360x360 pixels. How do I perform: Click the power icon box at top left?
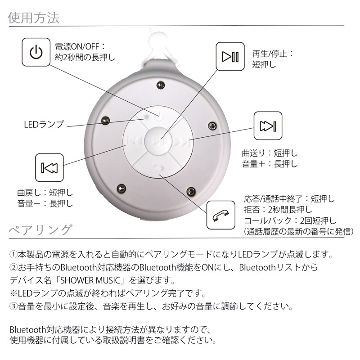click(x=36, y=52)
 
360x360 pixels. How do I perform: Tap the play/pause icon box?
click(x=230, y=56)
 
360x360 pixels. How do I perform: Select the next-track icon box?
click(x=268, y=126)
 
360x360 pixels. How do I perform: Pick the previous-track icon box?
click(x=49, y=167)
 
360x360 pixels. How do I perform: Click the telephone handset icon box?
click(x=221, y=215)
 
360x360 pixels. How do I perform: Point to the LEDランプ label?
click(x=44, y=125)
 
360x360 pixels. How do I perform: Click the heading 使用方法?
click(x=33, y=18)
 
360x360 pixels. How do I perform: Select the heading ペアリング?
click(x=40, y=230)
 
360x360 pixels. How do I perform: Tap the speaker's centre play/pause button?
click(x=159, y=140)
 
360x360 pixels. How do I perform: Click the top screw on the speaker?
click(x=161, y=85)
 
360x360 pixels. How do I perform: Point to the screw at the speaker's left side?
click(x=105, y=121)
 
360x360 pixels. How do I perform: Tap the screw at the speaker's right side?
click(x=212, y=126)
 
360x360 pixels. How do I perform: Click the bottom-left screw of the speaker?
click(x=121, y=189)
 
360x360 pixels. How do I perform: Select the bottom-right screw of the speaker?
click(x=191, y=191)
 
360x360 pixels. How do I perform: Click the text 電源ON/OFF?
click(x=77, y=46)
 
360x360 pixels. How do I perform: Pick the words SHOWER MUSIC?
click(x=90, y=280)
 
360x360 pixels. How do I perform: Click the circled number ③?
click(x=13, y=306)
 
